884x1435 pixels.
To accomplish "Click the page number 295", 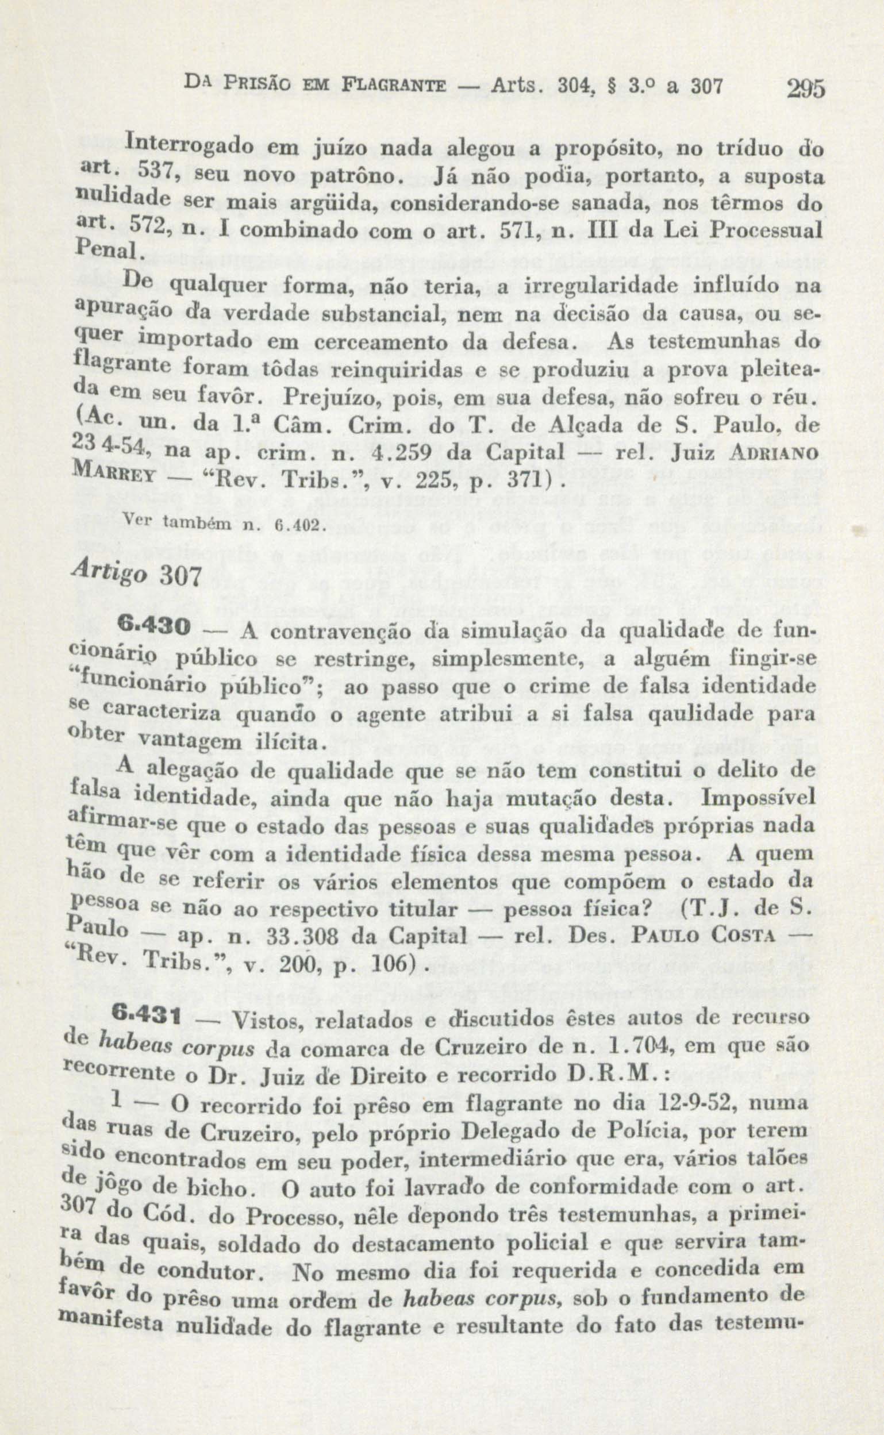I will pyautogui.click(x=805, y=89).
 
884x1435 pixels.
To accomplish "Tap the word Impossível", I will pyautogui.click(x=759, y=797).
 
